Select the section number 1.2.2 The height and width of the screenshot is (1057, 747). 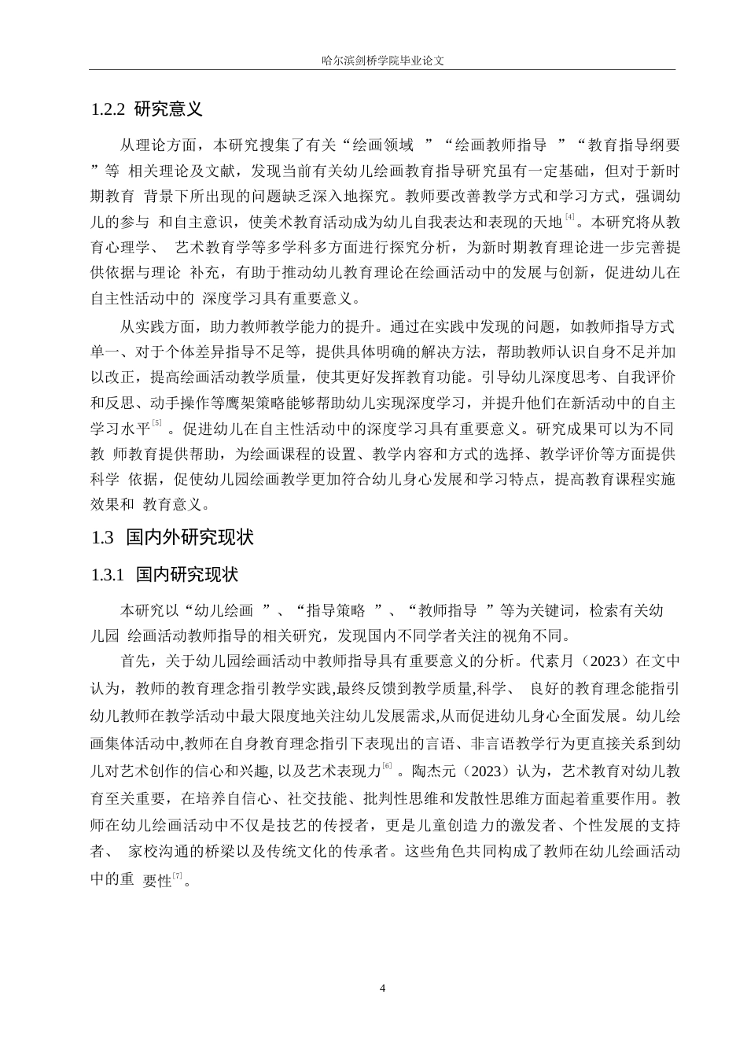(x=108, y=109)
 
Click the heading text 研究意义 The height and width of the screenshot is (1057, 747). (x=169, y=109)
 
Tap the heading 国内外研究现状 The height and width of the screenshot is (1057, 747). (x=190, y=538)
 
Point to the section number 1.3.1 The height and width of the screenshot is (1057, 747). (x=108, y=576)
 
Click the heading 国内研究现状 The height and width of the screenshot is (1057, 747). (x=186, y=576)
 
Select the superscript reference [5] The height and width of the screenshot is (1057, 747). (x=156, y=424)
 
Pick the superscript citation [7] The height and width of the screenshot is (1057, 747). (x=177, y=877)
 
